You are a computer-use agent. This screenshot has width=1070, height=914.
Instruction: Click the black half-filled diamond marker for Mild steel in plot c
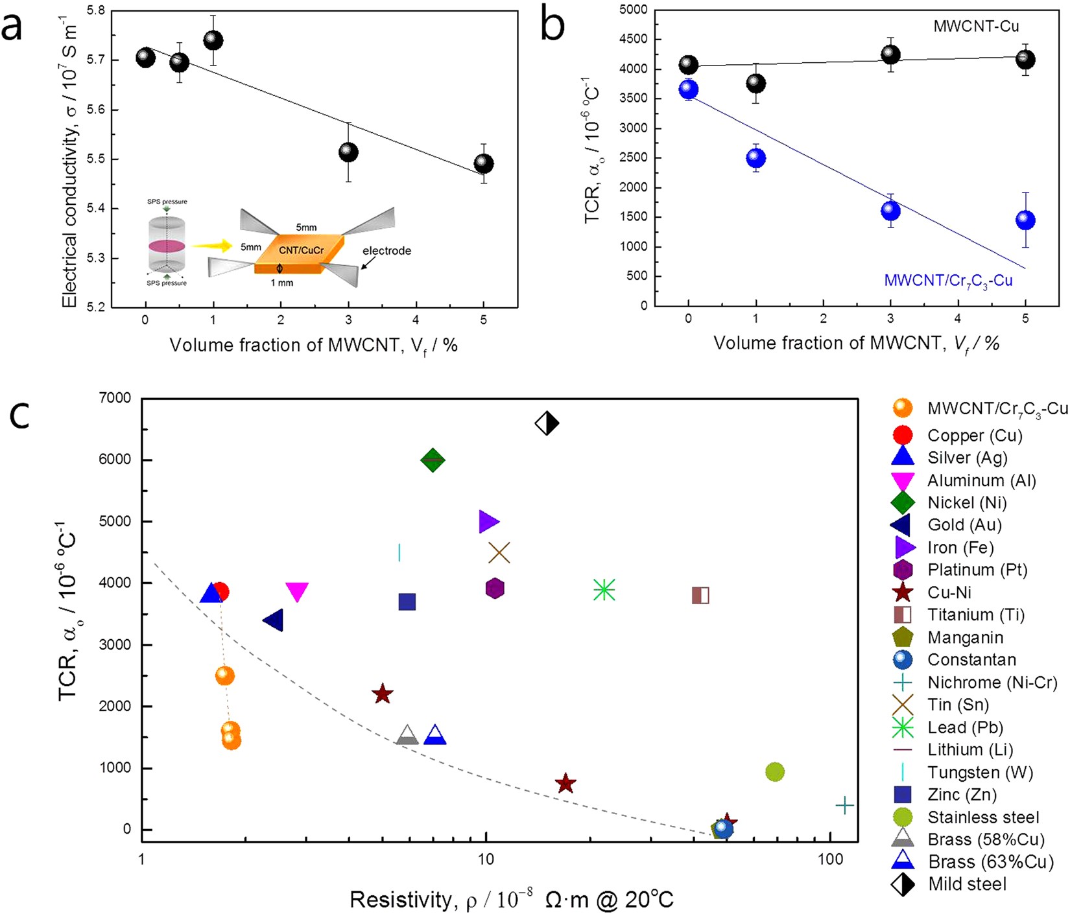[547, 424]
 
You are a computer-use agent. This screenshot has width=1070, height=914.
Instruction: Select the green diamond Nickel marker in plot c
[433, 460]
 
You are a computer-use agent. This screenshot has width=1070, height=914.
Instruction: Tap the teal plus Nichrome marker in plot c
[844, 806]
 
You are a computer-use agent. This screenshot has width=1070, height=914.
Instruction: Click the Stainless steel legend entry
[983, 817]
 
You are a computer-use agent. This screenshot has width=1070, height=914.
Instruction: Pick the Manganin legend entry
[965, 638]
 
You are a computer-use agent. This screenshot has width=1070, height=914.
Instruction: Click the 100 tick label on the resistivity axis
[831, 860]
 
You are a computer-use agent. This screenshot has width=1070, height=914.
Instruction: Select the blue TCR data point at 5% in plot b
[1025, 220]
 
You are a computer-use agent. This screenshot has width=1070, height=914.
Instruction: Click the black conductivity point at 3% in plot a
[348, 152]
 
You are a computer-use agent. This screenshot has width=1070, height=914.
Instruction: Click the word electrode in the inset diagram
[386, 251]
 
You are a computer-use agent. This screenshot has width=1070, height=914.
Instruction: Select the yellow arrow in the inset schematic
[212, 246]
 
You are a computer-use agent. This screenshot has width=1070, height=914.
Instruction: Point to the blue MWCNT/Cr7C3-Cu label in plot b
[948, 281]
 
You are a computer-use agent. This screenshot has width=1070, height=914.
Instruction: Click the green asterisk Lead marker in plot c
[604, 590]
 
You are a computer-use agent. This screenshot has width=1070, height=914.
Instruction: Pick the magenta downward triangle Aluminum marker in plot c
[297, 591]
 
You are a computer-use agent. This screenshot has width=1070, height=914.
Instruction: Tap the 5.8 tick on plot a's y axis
[96, 11]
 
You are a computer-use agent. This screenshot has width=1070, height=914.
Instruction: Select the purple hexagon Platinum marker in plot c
[495, 589]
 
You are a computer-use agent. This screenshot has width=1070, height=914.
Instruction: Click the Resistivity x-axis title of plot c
[512, 900]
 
